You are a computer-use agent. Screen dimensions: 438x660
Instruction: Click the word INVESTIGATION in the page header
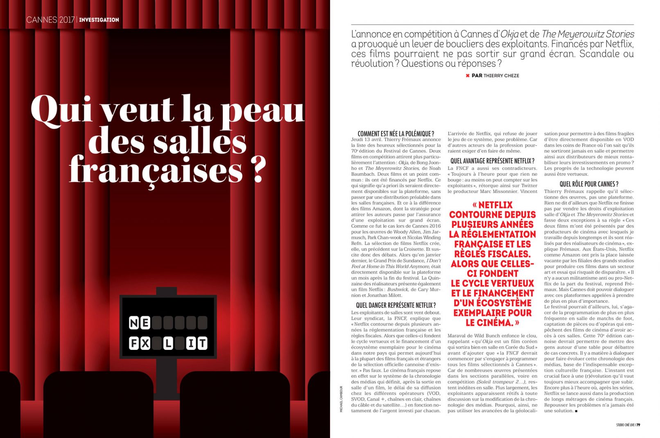pos(99,20)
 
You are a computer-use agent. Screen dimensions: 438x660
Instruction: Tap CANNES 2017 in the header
pos(50,20)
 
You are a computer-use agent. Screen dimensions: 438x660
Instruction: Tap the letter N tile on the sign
pos(134,323)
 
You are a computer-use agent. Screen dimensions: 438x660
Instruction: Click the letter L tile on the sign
pos(168,343)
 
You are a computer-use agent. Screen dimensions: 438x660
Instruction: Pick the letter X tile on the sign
pos(145,343)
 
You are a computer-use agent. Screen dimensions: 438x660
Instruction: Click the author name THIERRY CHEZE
pos(501,75)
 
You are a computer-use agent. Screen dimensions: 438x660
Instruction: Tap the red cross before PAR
pos(467,75)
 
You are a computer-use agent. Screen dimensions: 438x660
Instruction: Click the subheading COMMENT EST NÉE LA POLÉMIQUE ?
pos(396,134)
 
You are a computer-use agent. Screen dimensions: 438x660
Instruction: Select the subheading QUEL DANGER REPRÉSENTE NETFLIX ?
pos(396,305)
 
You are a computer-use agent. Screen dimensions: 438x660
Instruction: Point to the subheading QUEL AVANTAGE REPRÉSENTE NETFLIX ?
pos(492,161)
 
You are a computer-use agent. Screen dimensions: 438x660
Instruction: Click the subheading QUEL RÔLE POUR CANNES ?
pos(589,184)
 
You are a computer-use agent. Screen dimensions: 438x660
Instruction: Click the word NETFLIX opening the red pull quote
pos(495,205)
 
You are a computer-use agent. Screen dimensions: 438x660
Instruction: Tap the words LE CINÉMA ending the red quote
pos(489,323)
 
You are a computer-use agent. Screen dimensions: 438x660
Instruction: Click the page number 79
pos(638,425)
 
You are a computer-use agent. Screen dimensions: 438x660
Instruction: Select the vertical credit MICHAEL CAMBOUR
pos(341,399)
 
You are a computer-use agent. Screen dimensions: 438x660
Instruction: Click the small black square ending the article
pos(576,411)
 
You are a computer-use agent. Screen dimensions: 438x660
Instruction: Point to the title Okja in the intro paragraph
pos(509,34)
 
